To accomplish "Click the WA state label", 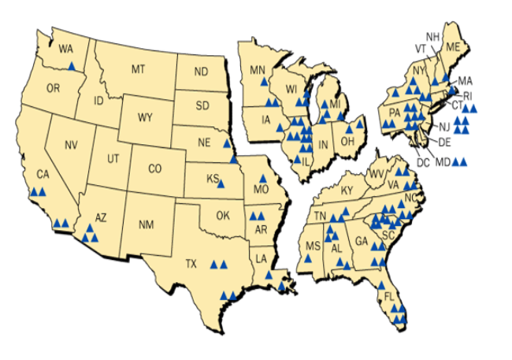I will [66, 49].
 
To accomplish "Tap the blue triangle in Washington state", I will [72, 67].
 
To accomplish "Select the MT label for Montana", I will [139, 70].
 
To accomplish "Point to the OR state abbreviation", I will [54, 88].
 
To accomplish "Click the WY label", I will [145, 118].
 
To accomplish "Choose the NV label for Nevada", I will [72, 144].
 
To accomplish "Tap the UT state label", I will [113, 158].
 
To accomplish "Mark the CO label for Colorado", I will [154, 169].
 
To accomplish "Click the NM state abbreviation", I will [145, 225].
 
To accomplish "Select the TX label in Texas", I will [191, 264].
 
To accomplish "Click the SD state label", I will [202, 105].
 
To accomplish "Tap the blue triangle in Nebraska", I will [226, 143].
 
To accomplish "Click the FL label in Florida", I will [388, 296].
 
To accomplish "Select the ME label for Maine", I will [451, 47].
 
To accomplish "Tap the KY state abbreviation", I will [347, 191].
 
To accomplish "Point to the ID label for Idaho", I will [99, 101].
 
